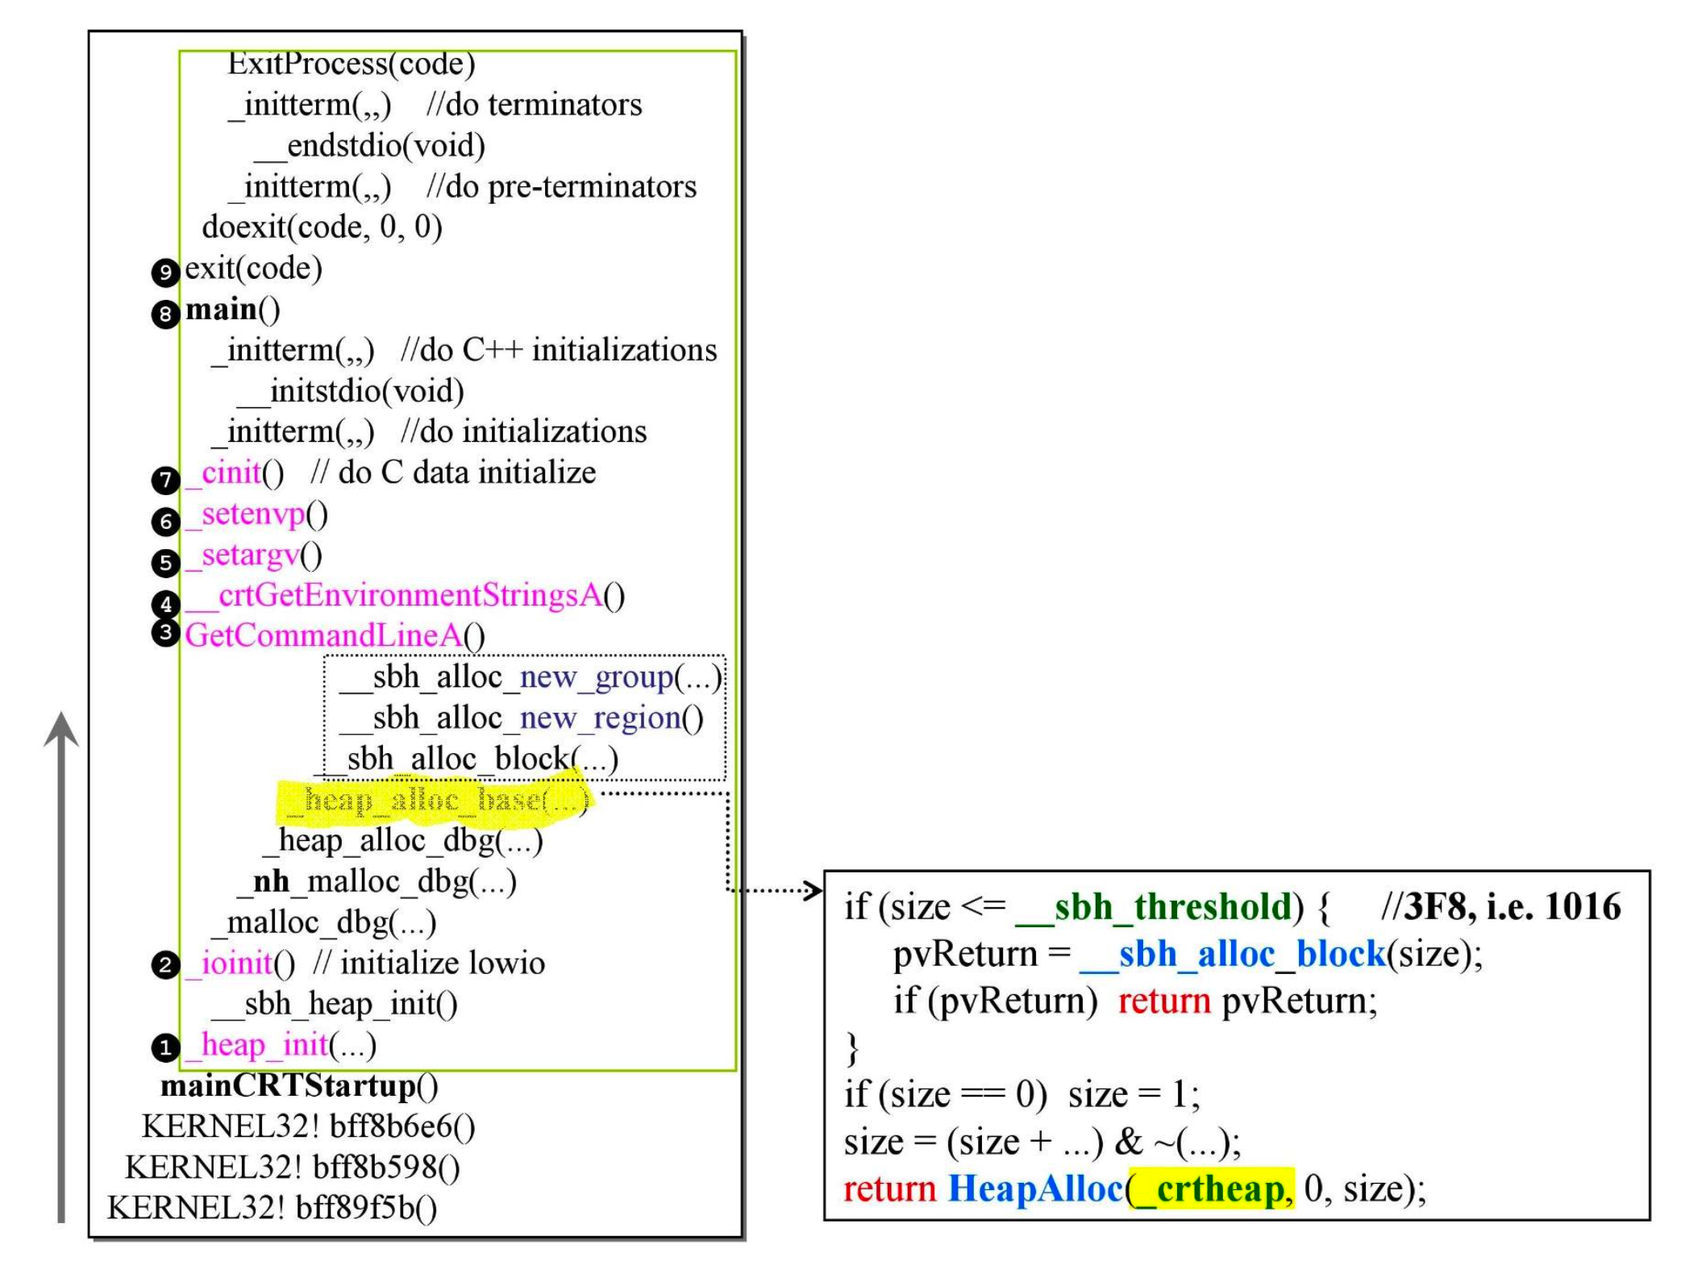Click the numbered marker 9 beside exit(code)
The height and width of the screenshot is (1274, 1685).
(165, 272)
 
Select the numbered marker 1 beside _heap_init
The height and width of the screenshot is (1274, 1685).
(165, 1047)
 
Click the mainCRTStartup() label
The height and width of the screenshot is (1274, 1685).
(299, 1086)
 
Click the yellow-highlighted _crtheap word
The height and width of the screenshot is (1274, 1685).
(1213, 1189)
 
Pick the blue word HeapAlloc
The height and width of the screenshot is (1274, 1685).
(1036, 1189)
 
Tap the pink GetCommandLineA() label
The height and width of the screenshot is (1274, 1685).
(335, 636)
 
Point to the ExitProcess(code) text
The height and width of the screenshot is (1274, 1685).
(352, 64)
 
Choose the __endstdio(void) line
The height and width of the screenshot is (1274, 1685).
(370, 146)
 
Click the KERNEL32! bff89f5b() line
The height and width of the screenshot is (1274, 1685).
(273, 1208)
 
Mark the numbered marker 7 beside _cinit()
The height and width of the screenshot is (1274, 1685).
(165, 481)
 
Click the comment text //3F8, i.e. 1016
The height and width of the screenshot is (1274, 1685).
(1500, 907)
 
